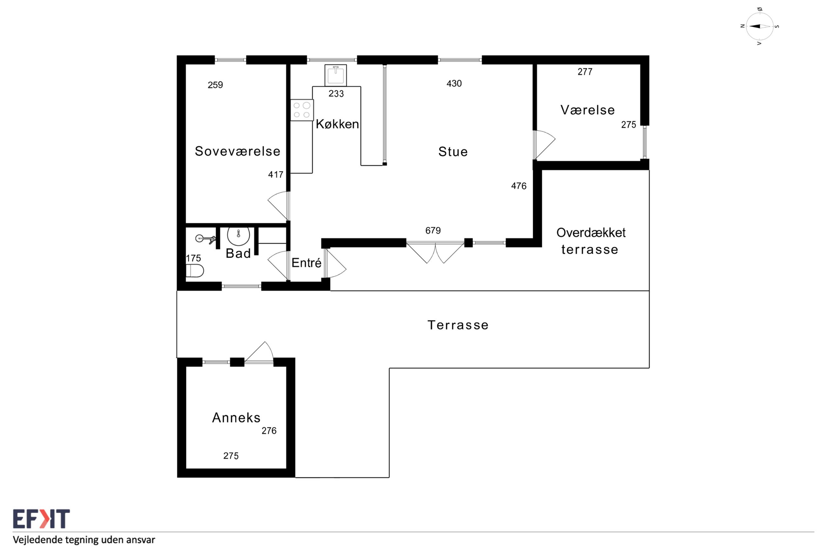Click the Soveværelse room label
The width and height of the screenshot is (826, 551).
click(237, 151)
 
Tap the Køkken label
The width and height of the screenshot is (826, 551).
click(337, 124)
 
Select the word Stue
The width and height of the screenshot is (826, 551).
click(453, 151)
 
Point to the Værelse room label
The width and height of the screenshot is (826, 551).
click(587, 110)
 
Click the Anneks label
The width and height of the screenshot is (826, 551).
click(236, 417)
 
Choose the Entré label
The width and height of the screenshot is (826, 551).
click(307, 263)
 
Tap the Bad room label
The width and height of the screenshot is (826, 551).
click(238, 253)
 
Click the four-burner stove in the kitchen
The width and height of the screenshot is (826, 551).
click(302, 110)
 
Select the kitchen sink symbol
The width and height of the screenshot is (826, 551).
click(335, 75)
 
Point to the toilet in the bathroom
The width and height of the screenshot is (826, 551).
click(194, 271)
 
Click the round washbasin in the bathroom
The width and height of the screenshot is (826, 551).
click(238, 236)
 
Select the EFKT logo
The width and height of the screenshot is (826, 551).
click(41, 519)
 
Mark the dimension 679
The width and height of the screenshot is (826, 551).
click(433, 231)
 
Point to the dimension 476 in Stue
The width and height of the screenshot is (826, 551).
click(518, 186)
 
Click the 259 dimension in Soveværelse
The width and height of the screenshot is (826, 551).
click(215, 85)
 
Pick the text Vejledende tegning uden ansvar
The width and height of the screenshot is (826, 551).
click(84, 540)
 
